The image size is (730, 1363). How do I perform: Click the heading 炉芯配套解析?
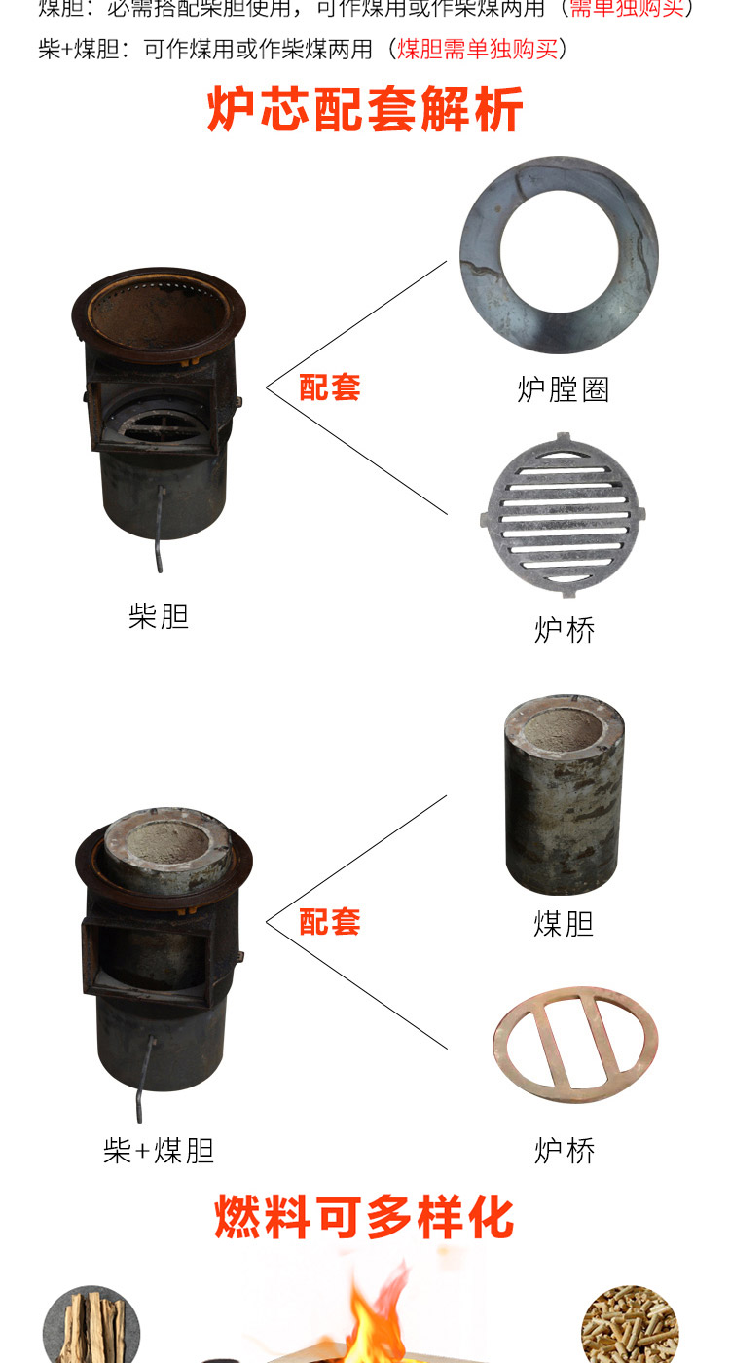(365, 109)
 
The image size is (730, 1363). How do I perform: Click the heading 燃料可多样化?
(364, 1218)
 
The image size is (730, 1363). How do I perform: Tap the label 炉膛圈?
(563, 389)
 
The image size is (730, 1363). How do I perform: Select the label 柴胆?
(158, 616)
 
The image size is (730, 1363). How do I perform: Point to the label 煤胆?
(563, 923)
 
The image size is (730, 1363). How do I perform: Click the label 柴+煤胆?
(158, 1151)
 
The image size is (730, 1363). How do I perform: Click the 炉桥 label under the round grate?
(564, 629)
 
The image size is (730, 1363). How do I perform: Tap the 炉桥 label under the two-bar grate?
(564, 1151)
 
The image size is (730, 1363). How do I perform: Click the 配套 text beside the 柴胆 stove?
(329, 387)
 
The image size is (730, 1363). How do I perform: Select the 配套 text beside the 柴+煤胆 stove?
(329, 921)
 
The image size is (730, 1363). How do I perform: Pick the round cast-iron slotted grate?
(563, 516)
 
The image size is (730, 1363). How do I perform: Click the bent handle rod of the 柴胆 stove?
(159, 531)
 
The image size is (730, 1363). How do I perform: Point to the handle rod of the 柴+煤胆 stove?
(146, 1081)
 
